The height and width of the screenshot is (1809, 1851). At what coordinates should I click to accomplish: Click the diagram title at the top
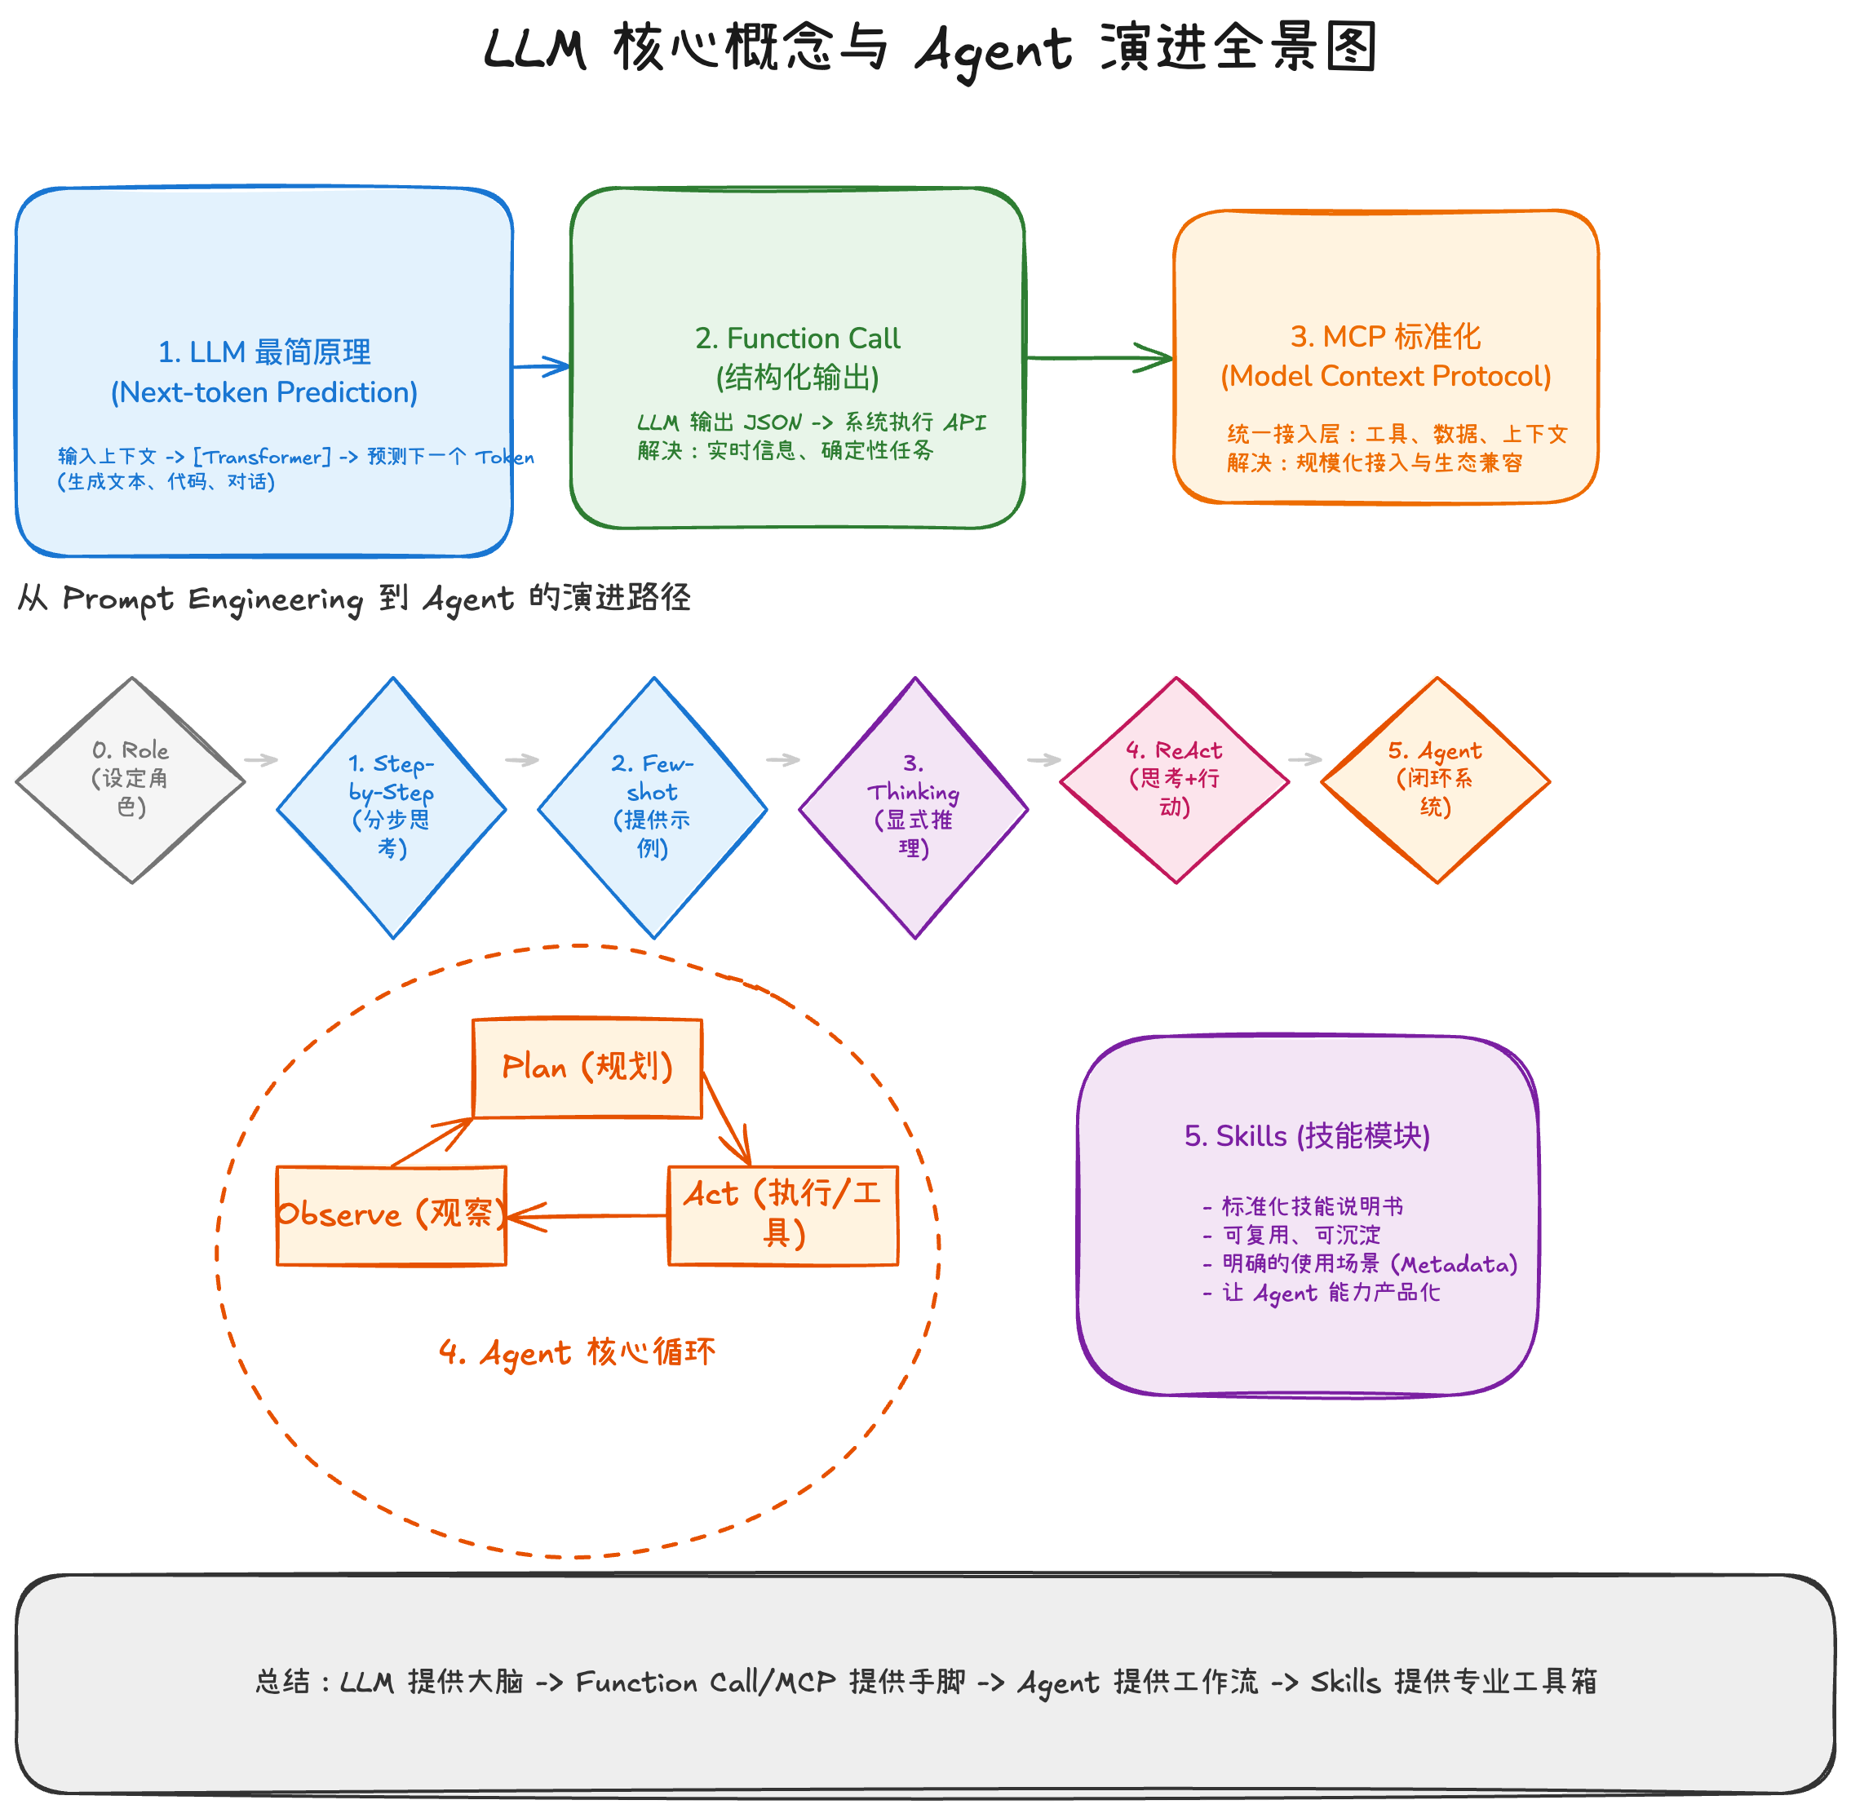929,47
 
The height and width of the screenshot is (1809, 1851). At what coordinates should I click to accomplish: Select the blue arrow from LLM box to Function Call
541,365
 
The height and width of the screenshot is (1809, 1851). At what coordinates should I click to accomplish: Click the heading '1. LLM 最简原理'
264,352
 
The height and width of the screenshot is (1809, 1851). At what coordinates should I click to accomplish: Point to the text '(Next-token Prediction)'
264,392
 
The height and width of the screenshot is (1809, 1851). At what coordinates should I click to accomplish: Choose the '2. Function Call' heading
797,338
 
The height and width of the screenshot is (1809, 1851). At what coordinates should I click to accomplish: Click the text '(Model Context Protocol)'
1385,376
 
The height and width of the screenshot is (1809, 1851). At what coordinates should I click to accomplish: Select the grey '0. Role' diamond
131,779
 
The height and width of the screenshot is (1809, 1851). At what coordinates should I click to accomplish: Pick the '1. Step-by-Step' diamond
392,807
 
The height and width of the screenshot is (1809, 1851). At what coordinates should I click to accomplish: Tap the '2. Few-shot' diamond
653,807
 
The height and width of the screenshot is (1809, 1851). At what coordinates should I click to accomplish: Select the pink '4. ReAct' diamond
1175,779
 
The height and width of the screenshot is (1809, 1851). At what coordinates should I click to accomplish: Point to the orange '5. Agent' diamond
1436,779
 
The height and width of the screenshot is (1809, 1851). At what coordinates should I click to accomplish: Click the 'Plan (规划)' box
587,1068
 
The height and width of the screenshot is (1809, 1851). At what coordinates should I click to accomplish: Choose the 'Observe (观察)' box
391,1215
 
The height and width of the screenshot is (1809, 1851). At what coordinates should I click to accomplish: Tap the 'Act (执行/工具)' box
783,1215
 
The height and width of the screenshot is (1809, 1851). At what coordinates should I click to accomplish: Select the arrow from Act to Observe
589,1215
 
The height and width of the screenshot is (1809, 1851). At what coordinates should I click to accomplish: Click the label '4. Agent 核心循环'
577,1352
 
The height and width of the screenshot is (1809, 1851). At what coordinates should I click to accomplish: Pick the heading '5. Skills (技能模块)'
1307,1136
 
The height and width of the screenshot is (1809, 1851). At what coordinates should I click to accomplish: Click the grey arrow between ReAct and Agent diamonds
1304,759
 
